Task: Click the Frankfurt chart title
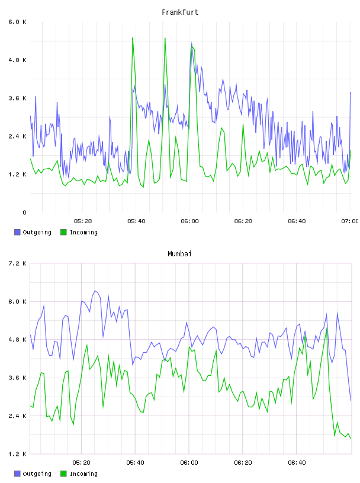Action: click(x=180, y=12)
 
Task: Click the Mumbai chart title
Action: click(x=179, y=254)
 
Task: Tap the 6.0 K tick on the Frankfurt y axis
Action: click(x=18, y=22)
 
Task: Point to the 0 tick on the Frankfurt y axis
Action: click(x=24, y=212)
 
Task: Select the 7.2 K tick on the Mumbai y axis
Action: click(x=18, y=263)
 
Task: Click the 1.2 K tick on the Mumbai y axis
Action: click(x=18, y=454)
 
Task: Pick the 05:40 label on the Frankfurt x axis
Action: click(x=136, y=221)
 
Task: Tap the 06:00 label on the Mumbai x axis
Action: click(x=189, y=463)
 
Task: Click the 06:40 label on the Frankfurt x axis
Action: click(x=297, y=221)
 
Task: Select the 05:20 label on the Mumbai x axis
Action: click(x=81, y=463)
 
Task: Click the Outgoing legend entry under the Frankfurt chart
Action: click(x=33, y=232)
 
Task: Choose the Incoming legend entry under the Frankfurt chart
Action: click(x=79, y=232)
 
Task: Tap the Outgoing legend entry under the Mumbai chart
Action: click(x=33, y=474)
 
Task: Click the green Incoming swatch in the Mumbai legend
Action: click(x=63, y=474)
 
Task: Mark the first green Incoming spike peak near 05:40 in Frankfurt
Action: click(x=133, y=38)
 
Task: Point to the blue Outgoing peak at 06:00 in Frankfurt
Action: click(x=191, y=43)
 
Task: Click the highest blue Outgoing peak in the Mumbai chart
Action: click(x=95, y=291)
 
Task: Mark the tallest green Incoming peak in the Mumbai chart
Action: click(x=326, y=329)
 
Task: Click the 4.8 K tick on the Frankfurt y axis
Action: click(x=18, y=60)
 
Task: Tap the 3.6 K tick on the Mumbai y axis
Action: click(x=18, y=378)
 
